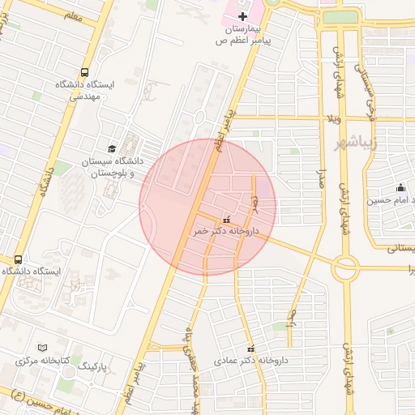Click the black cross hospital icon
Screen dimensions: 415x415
[x=242, y=16]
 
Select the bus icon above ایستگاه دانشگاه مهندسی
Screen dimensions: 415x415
[x=85, y=72]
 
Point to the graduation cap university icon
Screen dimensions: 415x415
[x=111, y=148]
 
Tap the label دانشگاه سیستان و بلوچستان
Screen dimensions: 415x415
[x=105, y=168]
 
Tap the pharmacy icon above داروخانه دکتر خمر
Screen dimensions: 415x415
[x=226, y=218]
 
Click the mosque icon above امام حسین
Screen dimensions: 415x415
[x=400, y=188]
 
